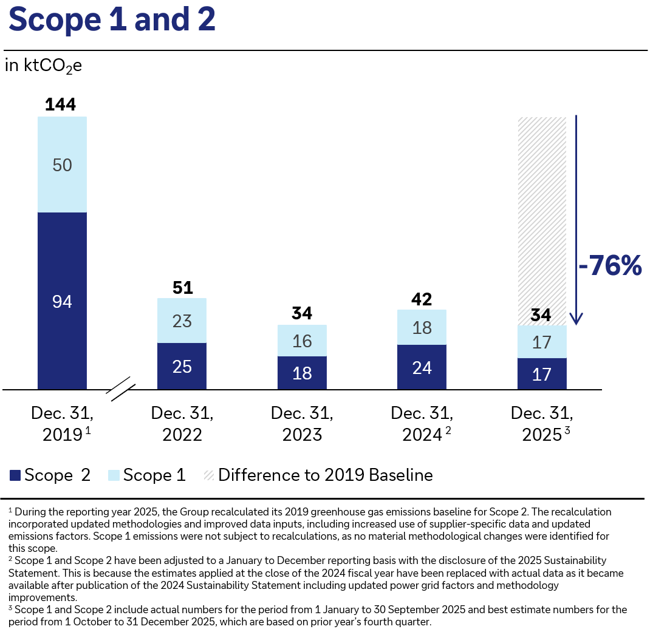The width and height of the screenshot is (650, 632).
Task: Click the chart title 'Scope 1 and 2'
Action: (x=112, y=20)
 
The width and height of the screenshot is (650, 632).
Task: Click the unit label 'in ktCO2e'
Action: (x=43, y=66)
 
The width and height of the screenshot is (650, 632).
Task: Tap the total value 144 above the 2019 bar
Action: (x=61, y=104)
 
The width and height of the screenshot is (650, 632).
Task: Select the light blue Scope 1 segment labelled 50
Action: (x=62, y=165)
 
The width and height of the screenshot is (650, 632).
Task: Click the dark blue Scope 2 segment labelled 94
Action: (x=62, y=301)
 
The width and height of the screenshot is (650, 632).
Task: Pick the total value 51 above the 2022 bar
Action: (x=182, y=287)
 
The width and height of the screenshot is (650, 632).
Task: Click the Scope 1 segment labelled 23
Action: (x=182, y=321)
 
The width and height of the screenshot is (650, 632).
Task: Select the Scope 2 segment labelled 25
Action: (x=182, y=366)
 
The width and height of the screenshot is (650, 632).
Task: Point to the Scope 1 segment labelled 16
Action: (x=302, y=341)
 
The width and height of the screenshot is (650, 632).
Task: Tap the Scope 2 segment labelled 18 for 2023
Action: (x=302, y=373)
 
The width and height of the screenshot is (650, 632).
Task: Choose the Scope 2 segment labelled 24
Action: (x=422, y=367)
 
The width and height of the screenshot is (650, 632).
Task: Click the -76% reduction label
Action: (x=609, y=266)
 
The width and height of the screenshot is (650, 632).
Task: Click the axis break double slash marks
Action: (x=121, y=389)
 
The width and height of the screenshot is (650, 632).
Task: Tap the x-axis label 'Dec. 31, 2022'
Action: (x=182, y=423)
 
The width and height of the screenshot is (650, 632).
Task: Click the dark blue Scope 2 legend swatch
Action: (x=15, y=475)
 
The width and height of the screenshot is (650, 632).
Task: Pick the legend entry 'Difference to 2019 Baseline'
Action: (x=325, y=475)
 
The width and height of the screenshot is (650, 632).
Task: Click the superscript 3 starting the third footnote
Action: (x=10, y=607)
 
